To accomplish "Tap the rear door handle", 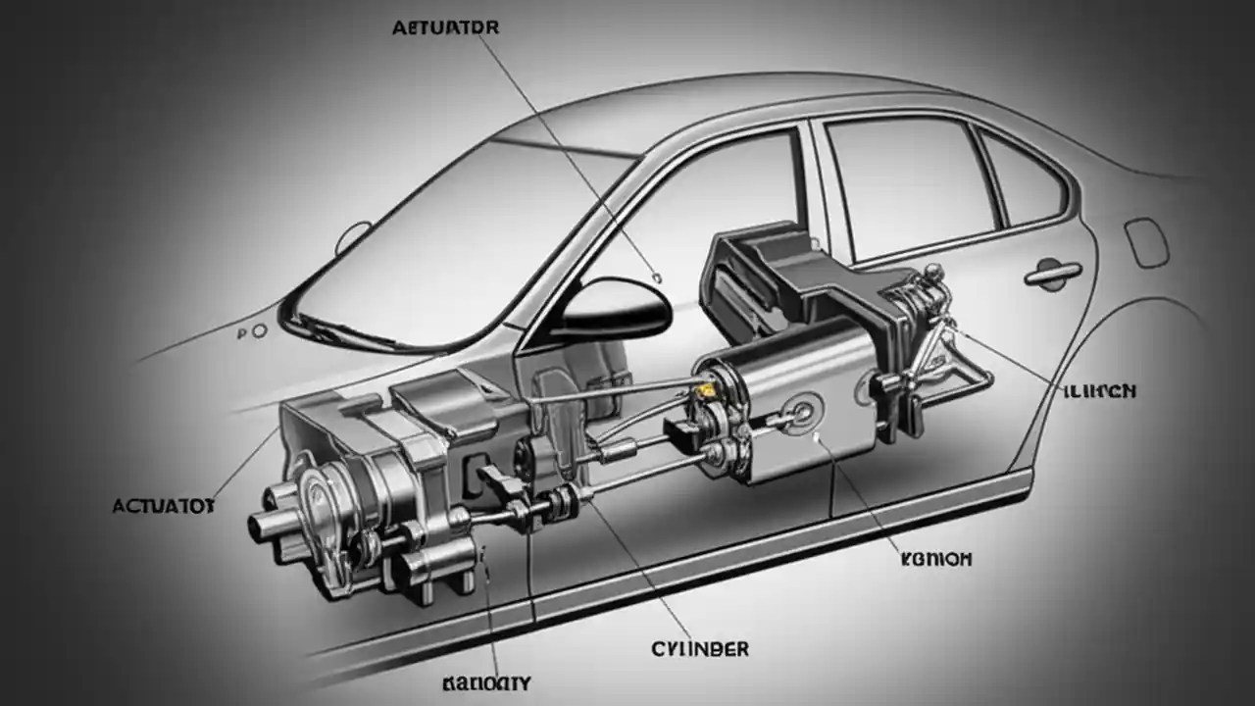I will click(x=1052, y=274).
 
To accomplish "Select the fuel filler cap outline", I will click(x=1146, y=241).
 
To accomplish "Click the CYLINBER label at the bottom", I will click(x=700, y=649).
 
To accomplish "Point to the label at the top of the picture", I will click(x=445, y=27).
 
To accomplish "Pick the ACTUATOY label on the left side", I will click(x=163, y=506).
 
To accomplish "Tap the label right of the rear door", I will click(x=1098, y=391).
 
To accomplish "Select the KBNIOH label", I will click(x=935, y=559).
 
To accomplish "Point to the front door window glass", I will click(x=686, y=226).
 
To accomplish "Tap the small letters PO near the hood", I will click(x=252, y=332).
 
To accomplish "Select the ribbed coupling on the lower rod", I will click(x=562, y=502).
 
